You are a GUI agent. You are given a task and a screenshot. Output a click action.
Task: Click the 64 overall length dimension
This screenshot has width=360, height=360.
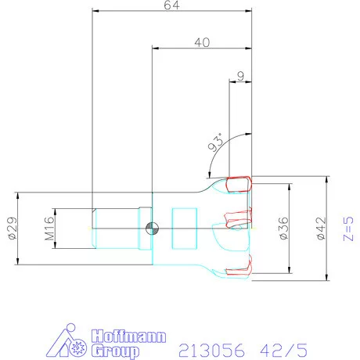pyautogui.click(x=171, y=5)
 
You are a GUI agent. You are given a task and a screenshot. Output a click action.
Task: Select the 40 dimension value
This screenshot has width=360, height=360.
pyautogui.click(x=202, y=42)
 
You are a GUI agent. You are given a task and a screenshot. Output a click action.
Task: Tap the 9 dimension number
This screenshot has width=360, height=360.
pyautogui.click(x=241, y=76)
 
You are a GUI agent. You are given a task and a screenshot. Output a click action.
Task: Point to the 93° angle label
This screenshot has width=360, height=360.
pyautogui.click(x=216, y=142)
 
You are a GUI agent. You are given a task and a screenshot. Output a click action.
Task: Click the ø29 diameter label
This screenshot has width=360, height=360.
pyautogui.click(x=13, y=228)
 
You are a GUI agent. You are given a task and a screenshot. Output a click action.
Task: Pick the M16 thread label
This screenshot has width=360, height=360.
pyautogui.click(x=49, y=229)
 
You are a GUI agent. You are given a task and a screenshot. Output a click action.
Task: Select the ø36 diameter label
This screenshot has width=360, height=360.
pyautogui.click(x=283, y=229)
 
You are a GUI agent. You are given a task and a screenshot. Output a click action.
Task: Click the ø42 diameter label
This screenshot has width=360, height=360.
pyautogui.click(x=321, y=229)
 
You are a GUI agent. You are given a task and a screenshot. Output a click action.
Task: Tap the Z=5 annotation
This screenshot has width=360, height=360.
pyautogui.click(x=348, y=229)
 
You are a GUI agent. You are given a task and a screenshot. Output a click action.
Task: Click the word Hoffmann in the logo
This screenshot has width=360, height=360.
pyautogui.click(x=128, y=336)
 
